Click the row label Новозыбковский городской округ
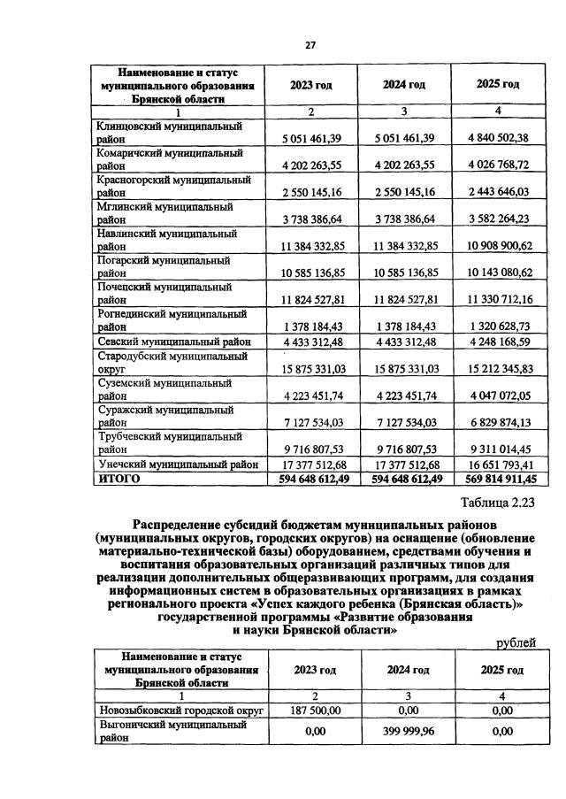tap(180, 709)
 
